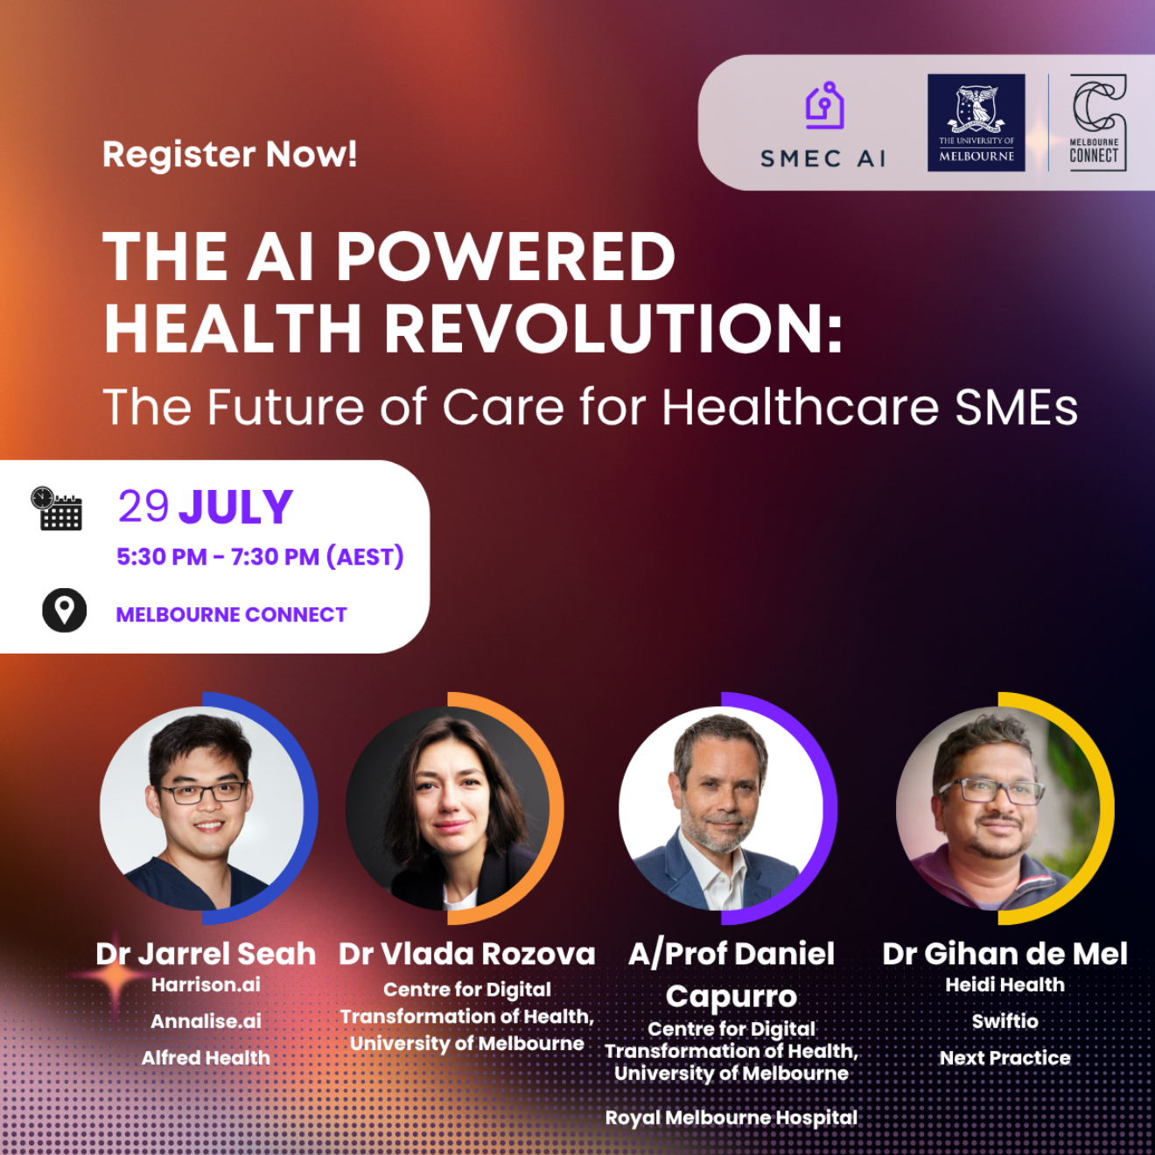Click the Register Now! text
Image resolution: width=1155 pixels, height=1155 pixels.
[229, 155]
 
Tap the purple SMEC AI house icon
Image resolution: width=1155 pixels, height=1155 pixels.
[825, 106]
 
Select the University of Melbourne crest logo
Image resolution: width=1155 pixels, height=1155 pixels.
[976, 122]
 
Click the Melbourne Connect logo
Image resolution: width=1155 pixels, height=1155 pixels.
[1098, 122]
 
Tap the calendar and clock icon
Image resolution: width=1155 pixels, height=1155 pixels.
[57, 508]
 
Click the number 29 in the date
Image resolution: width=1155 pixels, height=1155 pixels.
[143, 507]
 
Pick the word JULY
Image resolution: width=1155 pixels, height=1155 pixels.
[236, 508]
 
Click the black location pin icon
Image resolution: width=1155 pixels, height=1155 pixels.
[64, 610]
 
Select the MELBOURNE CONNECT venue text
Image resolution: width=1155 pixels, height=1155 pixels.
[231, 614]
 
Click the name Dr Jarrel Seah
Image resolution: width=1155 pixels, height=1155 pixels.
[206, 954]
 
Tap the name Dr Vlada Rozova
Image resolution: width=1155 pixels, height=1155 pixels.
[467, 954]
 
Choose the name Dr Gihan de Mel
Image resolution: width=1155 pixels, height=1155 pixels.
[1004, 954]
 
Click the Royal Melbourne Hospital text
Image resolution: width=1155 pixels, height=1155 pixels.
[731, 1118]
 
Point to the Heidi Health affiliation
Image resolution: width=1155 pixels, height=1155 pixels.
[1004, 984]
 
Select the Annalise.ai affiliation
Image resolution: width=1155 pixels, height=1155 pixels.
[206, 1021]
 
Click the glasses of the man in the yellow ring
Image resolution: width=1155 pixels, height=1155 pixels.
[991, 791]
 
